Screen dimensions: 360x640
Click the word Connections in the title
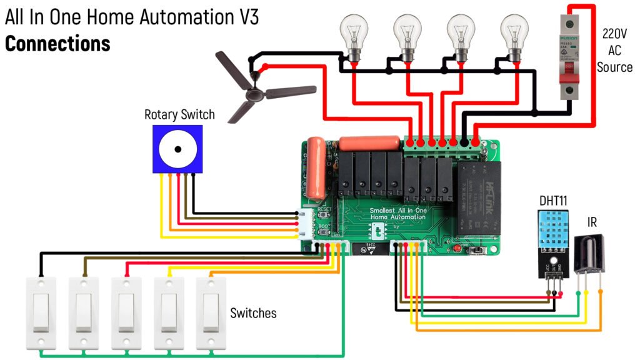pyautogui.click(x=57, y=44)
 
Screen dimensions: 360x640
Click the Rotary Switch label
pyautogui.click(x=179, y=114)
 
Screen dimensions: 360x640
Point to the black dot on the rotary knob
pyautogui.click(x=178, y=149)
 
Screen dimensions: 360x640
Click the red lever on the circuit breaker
pyautogui.click(x=569, y=65)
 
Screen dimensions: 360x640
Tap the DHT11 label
pyautogui.click(x=553, y=201)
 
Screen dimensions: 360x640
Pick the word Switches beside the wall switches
pyautogui.click(x=253, y=313)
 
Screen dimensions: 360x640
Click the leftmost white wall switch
pyautogui.click(x=41, y=312)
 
